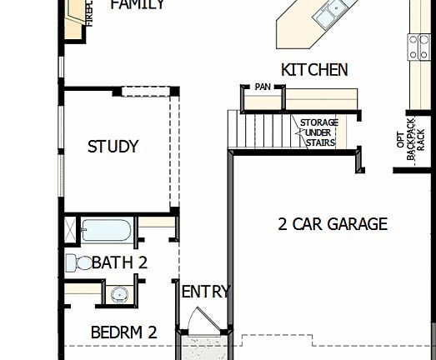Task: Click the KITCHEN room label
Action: click(314, 70)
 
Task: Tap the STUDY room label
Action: click(113, 147)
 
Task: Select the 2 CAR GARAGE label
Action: click(333, 223)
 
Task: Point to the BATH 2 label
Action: click(119, 262)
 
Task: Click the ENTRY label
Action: click(205, 292)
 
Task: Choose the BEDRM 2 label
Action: click(123, 331)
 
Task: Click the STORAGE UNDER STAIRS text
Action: click(318, 132)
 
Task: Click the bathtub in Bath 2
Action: click(107, 229)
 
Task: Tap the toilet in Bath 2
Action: click(79, 262)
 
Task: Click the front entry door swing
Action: click(201, 321)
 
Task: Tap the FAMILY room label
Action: click(138, 5)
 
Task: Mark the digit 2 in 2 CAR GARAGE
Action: click(283, 223)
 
